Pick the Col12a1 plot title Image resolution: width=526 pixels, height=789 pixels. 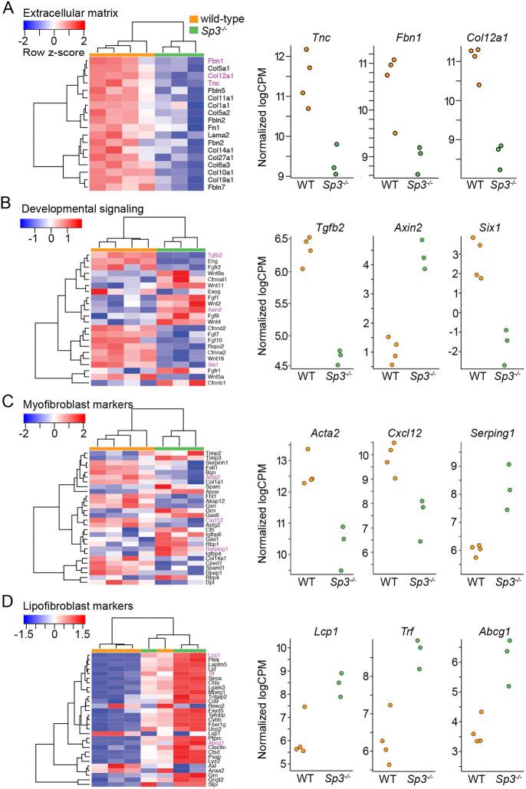(477, 38)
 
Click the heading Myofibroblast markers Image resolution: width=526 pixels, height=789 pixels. (70, 404)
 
